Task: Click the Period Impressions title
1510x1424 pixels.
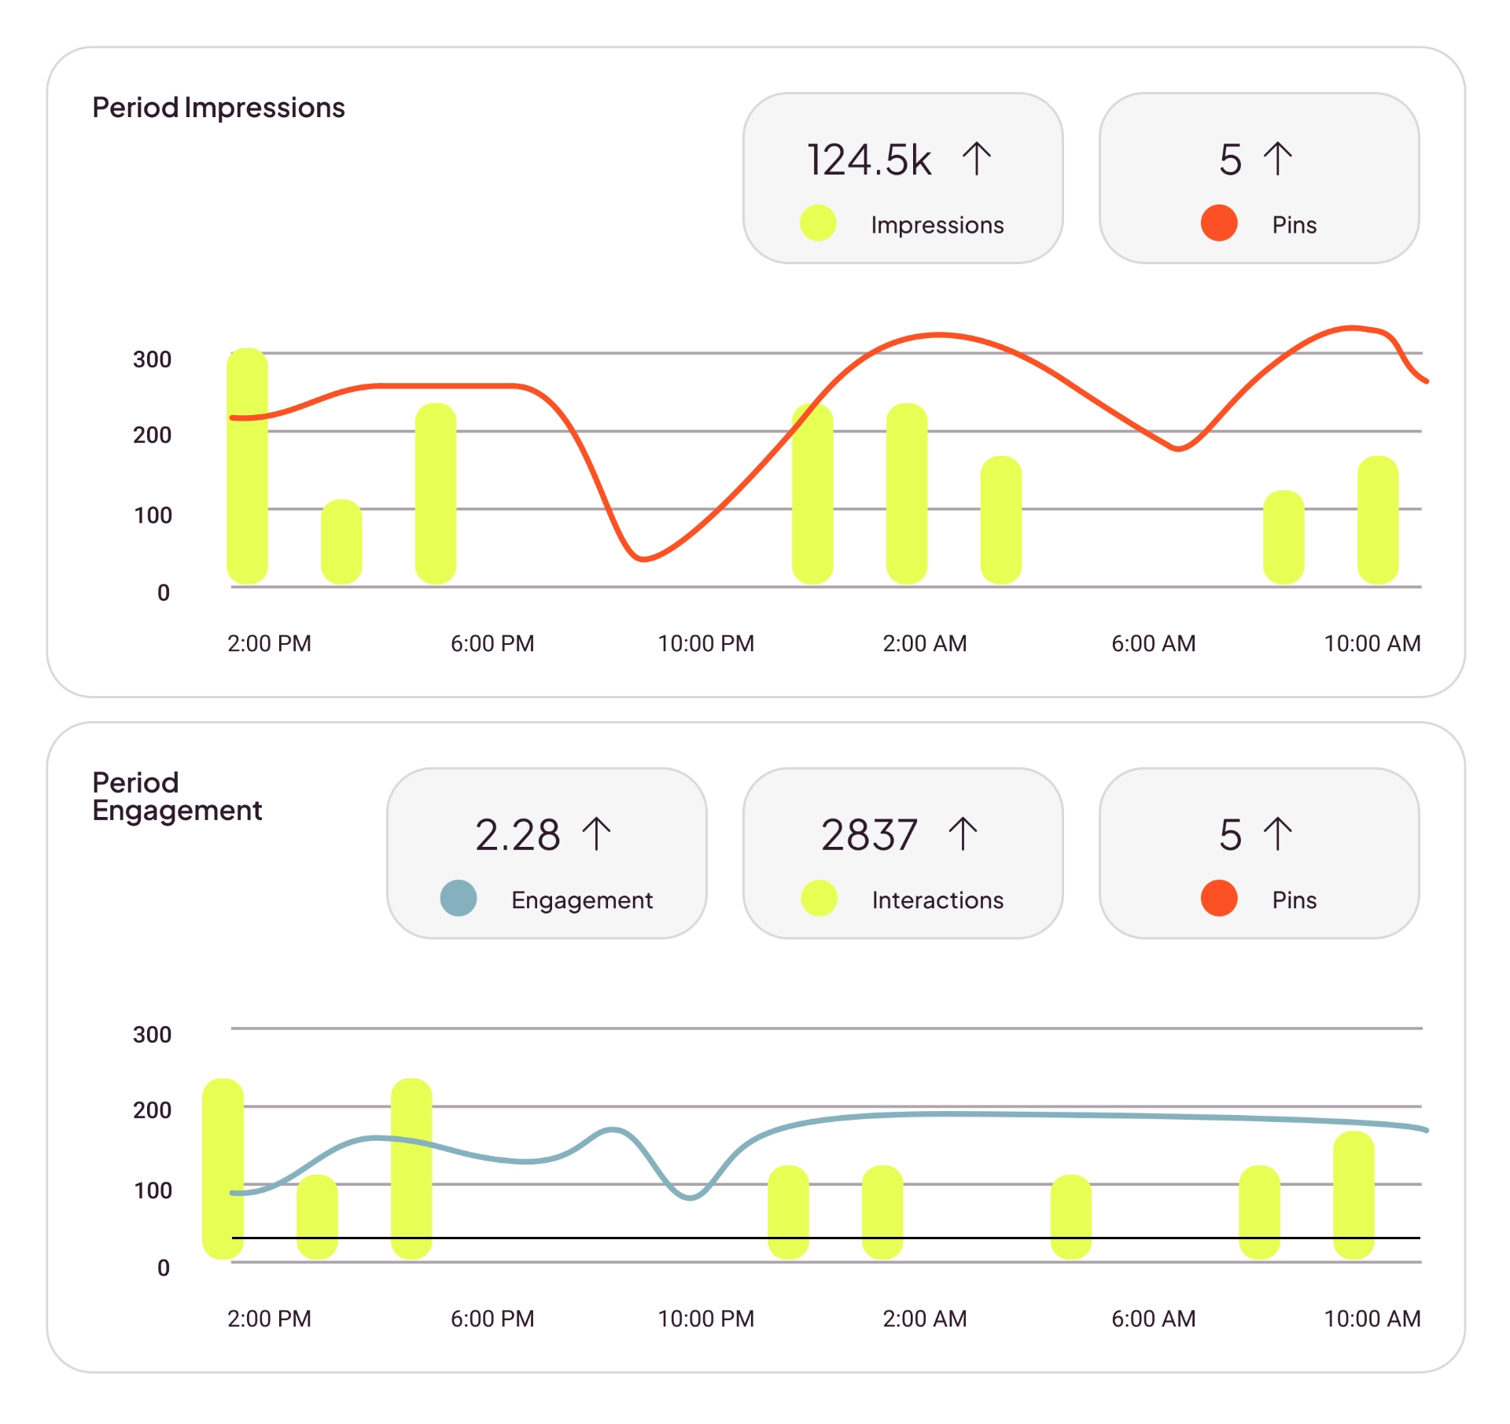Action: (x=218, y=108)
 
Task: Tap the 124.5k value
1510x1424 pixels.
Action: (x=868, y=160)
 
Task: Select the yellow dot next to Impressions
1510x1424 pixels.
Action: (x=818, y=223)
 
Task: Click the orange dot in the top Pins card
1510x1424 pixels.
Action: (x=1219, y=223)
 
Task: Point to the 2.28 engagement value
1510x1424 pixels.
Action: (x=517, y=834)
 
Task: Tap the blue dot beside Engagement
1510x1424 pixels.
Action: (x=459, y=898)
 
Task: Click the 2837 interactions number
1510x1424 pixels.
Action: (x=869, y=834)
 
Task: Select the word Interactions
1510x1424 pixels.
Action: (x=937, y=900)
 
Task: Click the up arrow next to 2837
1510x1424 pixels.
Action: (x=963, y=833)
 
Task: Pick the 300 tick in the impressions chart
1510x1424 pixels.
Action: (x=152, y=359)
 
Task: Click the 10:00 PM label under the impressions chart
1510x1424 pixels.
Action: (x=705, y=643)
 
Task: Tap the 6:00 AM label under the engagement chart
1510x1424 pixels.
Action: (x=1153, y=1319)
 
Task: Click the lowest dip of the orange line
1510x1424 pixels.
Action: (x=643, y=559)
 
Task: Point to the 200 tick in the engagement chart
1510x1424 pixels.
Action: (x=152, y=1110)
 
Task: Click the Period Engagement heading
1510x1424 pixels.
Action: (x=176, y=796)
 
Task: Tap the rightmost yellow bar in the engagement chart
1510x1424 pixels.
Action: (x=1353, y=1194)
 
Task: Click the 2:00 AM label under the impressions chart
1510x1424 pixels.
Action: (x=924, y=643)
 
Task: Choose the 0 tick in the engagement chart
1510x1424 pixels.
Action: (x=164, y=1268)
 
